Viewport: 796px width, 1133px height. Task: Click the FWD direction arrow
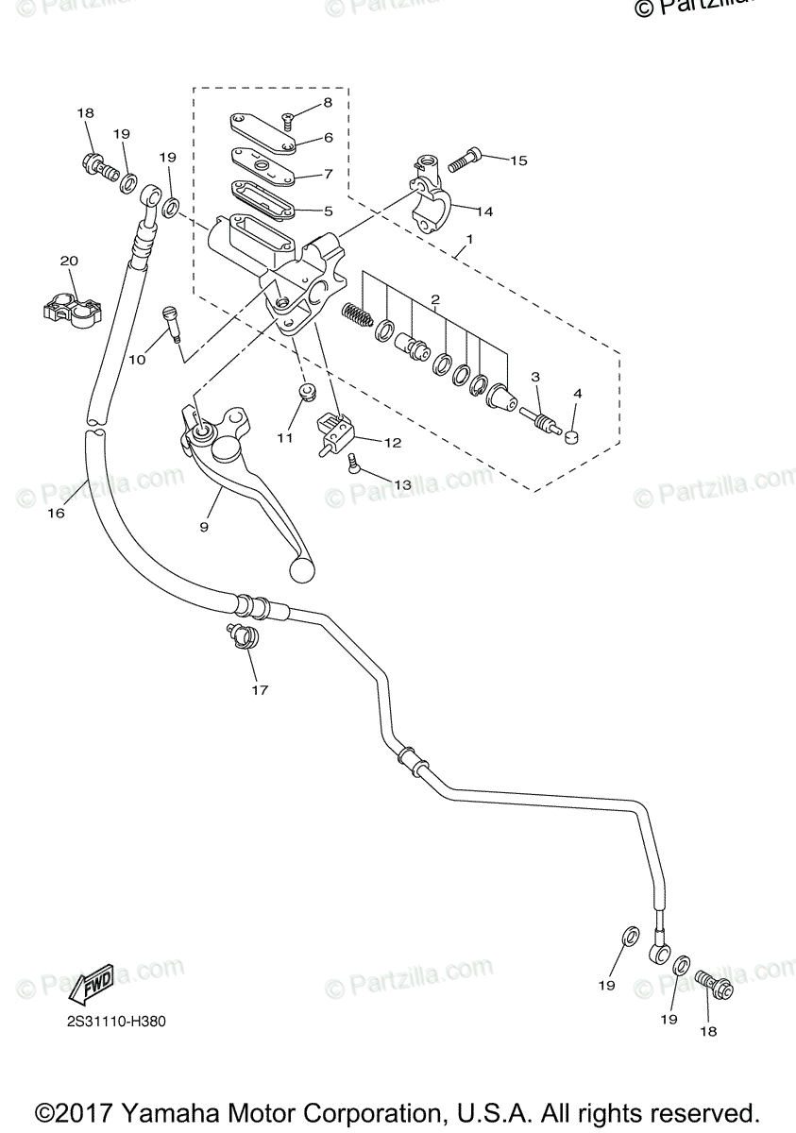[92, 989]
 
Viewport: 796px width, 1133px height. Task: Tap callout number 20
[69, 261]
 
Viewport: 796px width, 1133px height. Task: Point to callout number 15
[518, 160]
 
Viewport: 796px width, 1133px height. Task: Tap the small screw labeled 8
[288, 119]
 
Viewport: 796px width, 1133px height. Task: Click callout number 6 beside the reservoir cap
[328, 137]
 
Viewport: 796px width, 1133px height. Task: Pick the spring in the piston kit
[357, 314]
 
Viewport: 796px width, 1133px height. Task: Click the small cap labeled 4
[572, 435]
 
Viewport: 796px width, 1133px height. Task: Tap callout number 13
[402, 484]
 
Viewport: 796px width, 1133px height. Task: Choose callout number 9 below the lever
[203, 527]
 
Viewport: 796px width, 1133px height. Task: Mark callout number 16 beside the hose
[56, 513]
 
